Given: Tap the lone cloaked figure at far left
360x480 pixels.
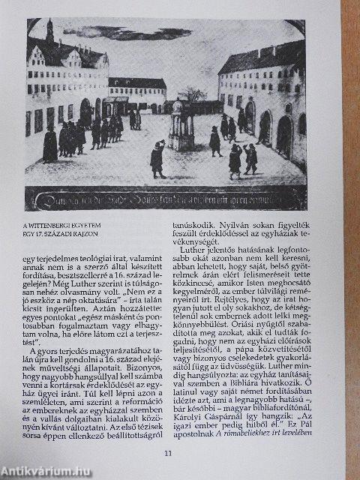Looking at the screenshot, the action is pyautogui.click(x=49, y=143).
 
